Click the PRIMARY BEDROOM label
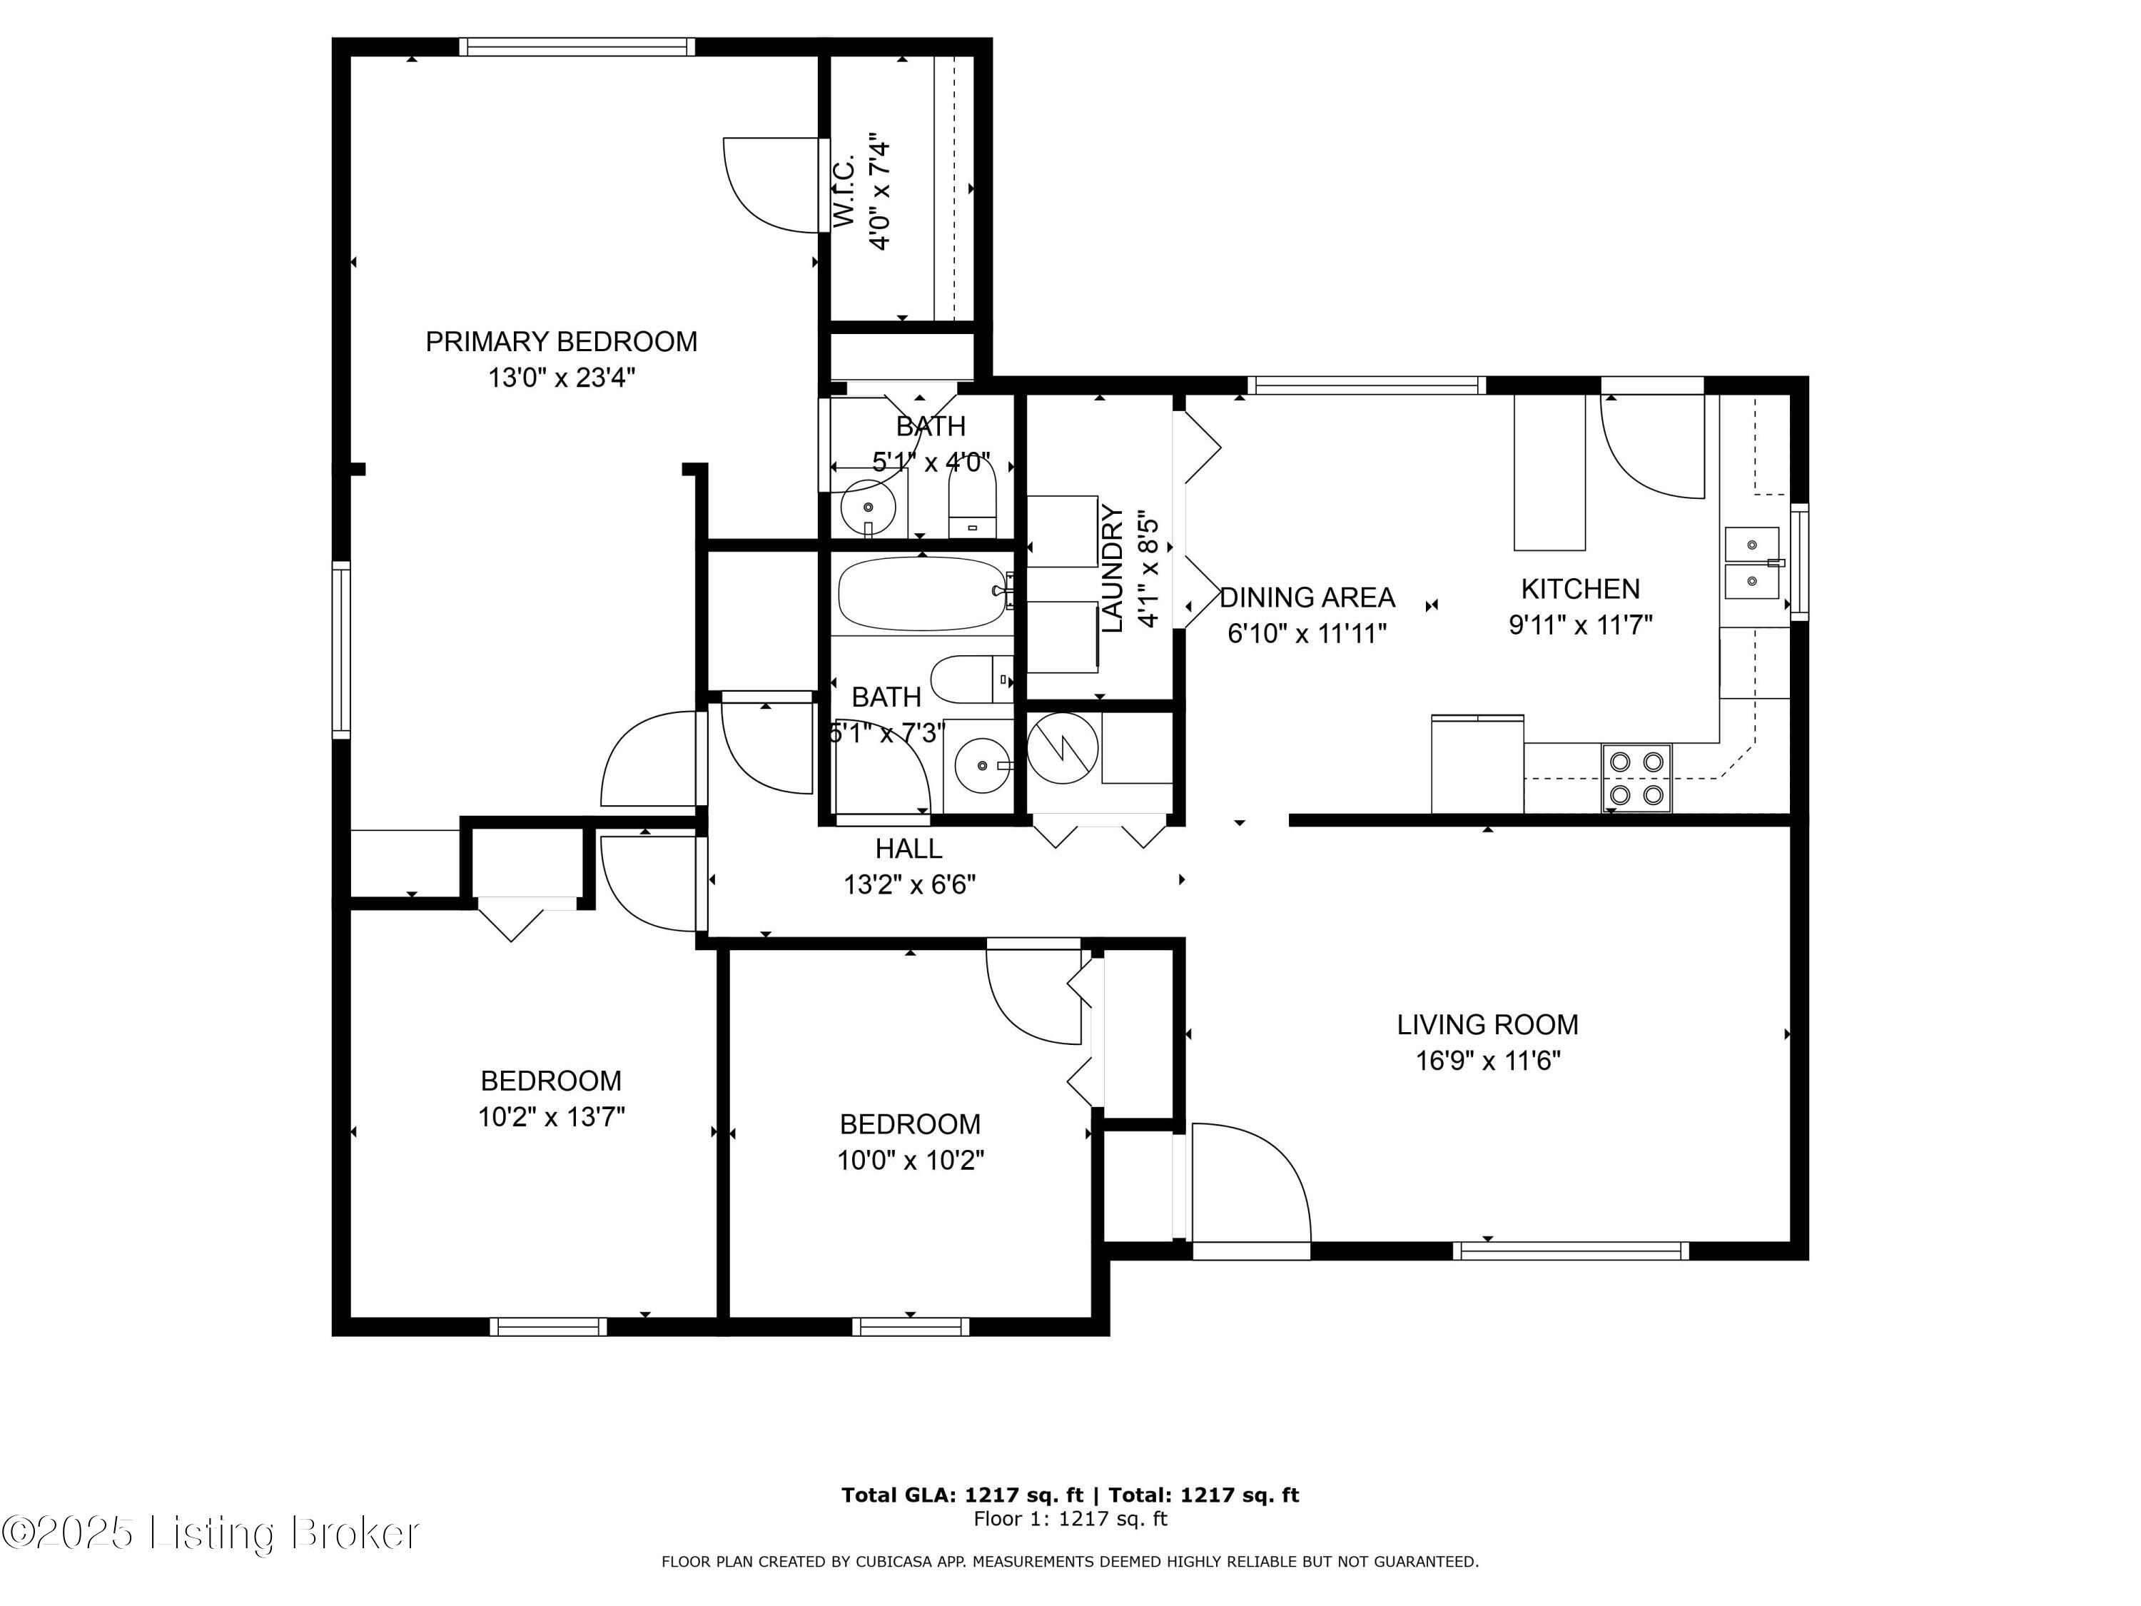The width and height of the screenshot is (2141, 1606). pyautogui.click(x=562, y=342)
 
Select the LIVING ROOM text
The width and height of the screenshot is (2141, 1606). pyautogui.click(x=1488, y=1024)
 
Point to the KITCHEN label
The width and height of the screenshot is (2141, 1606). pyautogui.click(x=1581, y=589)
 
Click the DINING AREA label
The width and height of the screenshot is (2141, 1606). pyautogui.click(x=1307, y=597)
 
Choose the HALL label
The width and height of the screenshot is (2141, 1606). pyautogui.click(x=909, y=849)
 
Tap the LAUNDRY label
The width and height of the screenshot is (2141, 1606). pyautogui.click(x=1113, y=569)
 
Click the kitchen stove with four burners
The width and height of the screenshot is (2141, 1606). pyautogui.click(x=1636, y=778)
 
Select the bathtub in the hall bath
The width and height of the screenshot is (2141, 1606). pyautogui.click(x=922, y=593)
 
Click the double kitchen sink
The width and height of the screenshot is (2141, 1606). pyautogui.click(x=1752, y=563)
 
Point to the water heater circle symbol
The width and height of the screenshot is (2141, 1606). pyautogui.click(x=1062, y=748)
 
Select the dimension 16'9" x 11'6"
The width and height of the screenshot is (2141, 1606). pyautogui.click(x=1488, y=1061)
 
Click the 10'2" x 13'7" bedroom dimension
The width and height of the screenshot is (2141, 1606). pyautogui.click(x=551, y=1117)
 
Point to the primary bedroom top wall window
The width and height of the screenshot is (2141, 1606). pyautogui.click(x=577, y=46)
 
